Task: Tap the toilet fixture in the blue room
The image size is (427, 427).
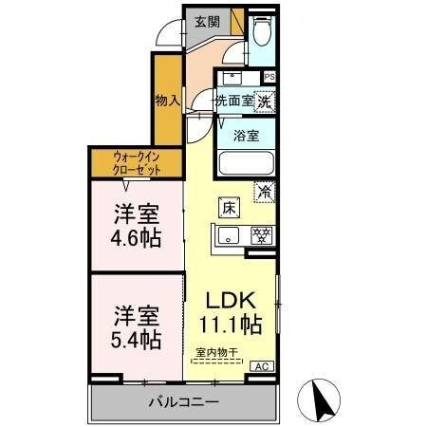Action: tap(262, 34)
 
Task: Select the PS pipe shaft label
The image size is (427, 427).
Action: tap(269, 78)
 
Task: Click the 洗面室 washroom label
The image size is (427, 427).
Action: tap(232, 99)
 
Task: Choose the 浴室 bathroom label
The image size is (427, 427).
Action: tap(246, 135)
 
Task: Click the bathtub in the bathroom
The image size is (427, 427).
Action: tap(246, 163)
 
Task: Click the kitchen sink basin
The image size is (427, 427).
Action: tap(230, 234)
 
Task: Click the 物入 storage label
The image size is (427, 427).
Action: tap(166, 100)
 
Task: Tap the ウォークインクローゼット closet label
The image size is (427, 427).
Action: tap(136, 161)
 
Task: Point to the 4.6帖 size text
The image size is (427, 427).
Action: tap(136, 236)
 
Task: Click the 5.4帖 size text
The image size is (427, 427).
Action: tap(136, 338)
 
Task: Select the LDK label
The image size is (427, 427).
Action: tap(231, 300)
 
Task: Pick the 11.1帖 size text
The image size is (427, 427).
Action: tap(231, 325)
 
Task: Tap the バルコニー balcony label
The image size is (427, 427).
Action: tap(183, 403)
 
